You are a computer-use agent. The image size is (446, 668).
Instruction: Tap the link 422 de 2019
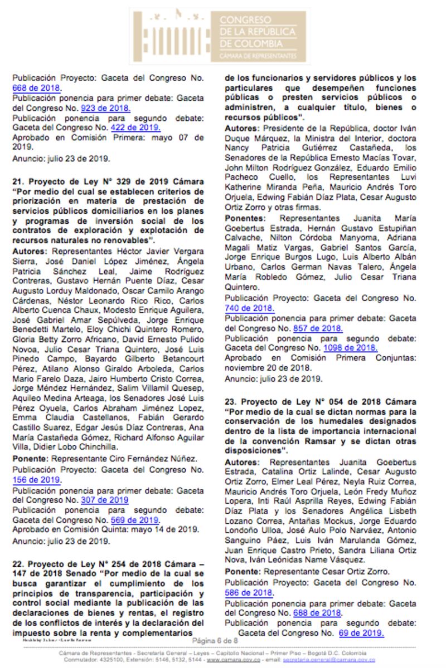pos(127,128)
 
